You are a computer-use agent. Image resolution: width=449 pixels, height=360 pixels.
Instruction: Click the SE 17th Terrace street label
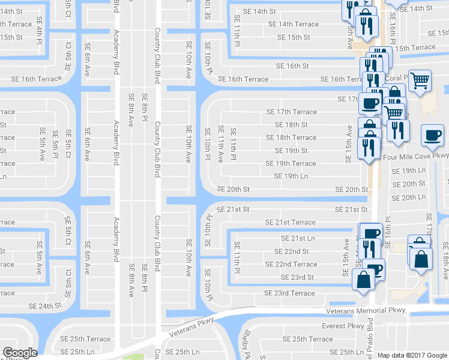coord(291,112)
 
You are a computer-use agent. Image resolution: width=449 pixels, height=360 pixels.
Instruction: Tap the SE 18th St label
coord(291,125)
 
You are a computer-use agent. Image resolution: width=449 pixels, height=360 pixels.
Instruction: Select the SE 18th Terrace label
coord(291,138)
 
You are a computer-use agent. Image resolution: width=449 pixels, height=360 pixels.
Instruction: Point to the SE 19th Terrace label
coord(291,164)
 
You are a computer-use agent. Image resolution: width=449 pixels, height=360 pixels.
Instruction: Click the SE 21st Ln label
coord(294,239)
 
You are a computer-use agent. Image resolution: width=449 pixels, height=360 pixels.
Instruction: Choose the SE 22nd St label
coord(292,251)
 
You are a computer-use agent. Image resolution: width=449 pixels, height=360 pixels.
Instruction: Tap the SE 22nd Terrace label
coord(292,265)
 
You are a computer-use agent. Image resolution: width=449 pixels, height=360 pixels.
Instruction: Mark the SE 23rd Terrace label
coord(289,293)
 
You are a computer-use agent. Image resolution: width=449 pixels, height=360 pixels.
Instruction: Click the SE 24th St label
coord(46,306)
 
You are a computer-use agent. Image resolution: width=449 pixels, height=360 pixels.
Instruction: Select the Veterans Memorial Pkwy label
coord(366,311)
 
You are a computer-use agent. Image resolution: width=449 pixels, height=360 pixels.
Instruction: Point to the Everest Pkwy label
coord(342,326)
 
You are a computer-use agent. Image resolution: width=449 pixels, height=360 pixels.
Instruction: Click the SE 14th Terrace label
coord(294,25)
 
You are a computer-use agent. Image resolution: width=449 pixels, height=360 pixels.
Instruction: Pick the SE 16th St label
coord(292,66)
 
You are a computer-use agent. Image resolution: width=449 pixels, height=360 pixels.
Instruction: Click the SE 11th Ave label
coord(220,145)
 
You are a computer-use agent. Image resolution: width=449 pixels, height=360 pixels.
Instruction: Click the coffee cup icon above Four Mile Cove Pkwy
coord(432,136)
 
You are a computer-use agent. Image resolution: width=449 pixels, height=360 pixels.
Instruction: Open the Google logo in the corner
coord(19,353)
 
